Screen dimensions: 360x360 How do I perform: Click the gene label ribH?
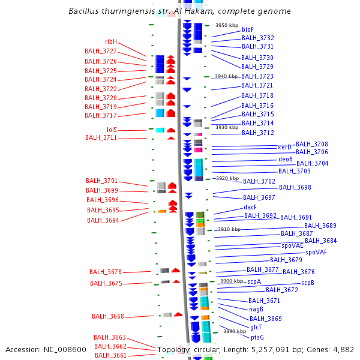tap(111, 41)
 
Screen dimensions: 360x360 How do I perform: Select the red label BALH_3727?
tap(101, 52)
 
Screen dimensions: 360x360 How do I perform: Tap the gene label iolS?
tap(112, 130)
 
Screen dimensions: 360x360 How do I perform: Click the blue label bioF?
tap(248, 29)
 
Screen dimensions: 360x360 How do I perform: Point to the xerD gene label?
tap(284, 147)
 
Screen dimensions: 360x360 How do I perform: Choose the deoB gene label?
tap(286, 160)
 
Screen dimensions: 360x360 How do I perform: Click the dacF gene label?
tap(250, 207)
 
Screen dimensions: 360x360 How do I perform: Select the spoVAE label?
tap(292, 245)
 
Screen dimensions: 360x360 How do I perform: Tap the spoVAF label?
tap(316, 252)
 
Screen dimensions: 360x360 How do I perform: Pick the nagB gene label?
tap(256, 310)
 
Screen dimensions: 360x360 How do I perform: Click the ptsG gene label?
tap(257, 337)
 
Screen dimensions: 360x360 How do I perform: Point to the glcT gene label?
tap(256, 327)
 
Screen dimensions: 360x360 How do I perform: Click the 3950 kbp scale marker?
tap(227, 25)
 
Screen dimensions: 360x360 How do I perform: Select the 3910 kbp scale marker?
tap(229, 229)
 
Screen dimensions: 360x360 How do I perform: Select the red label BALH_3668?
tap(108, 316)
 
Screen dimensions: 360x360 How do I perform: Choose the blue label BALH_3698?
tap(295, 187)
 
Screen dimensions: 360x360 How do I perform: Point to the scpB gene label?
tap(308, 283)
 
